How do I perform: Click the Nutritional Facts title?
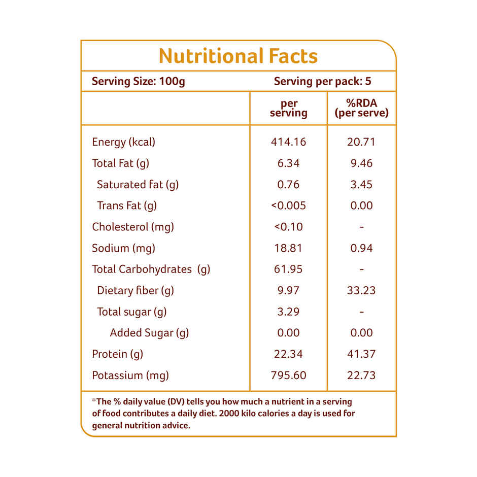(238, 56)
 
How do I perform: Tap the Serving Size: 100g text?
(139, 82)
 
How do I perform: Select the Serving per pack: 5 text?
(322, 82)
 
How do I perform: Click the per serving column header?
(288, 109)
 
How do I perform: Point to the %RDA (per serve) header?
(361, 109)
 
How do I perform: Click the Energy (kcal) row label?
(123, 142)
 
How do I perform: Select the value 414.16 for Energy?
(288, 142)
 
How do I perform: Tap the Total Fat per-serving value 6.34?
(288, 163)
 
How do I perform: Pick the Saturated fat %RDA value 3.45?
(361, 185)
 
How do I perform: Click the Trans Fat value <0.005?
(288, 206)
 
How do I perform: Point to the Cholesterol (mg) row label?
(133, 227)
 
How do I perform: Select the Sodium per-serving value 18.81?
(288, 248)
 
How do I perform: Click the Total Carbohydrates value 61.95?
(288, 269)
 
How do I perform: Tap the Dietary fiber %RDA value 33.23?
(361, 291)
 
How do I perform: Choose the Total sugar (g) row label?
(132, 312)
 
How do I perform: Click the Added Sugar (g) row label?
(149, 333)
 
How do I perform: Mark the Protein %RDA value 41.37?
(361, 354)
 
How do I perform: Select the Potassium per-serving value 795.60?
(288, 376)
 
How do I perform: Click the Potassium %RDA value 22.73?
(361, 376)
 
